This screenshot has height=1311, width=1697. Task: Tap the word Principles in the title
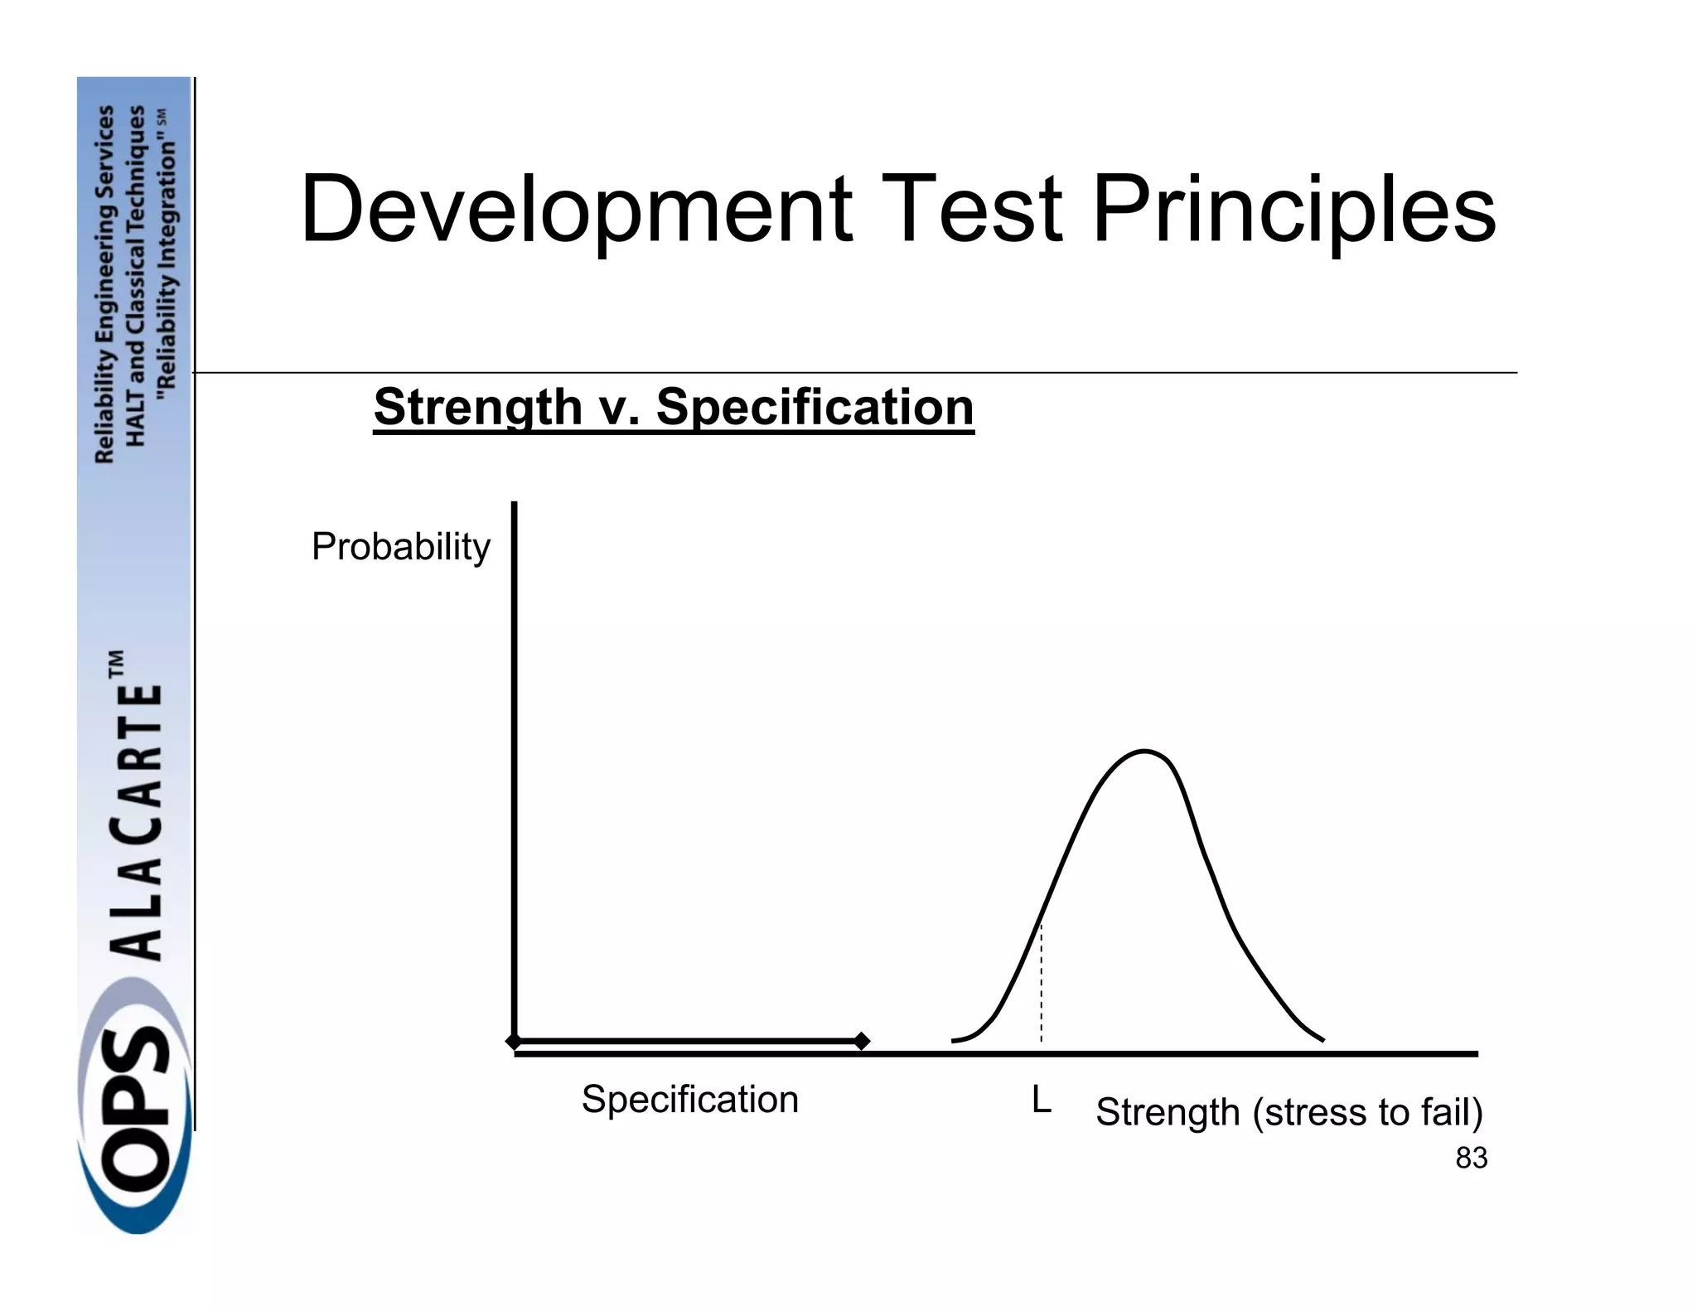pos(1293,210)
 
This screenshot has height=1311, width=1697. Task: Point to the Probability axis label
pos(401,547)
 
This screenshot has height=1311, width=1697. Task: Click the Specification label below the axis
pos(689,1100)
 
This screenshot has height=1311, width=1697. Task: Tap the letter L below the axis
pos(1041,1101)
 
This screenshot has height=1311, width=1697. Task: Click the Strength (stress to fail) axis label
pos(1288,1112)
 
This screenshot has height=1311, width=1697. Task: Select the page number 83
pos(1471,1158)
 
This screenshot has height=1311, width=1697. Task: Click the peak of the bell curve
pos(1144,752)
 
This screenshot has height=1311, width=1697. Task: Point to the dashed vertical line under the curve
pos(1041,986)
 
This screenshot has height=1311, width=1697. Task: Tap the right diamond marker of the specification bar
pos(861,1041)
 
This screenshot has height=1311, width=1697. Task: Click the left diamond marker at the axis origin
pos(514,1041)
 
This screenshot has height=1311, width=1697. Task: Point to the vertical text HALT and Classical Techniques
pos(136,273)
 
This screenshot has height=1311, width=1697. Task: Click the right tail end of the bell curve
pos(1321,1038)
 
